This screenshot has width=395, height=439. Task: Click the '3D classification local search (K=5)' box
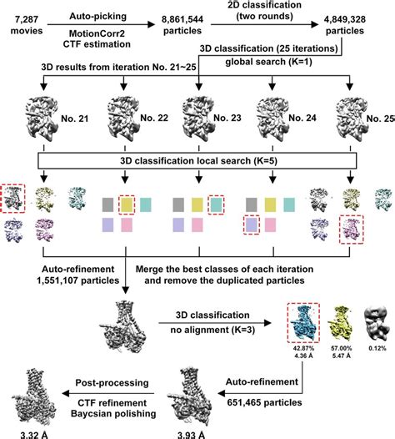197,161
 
